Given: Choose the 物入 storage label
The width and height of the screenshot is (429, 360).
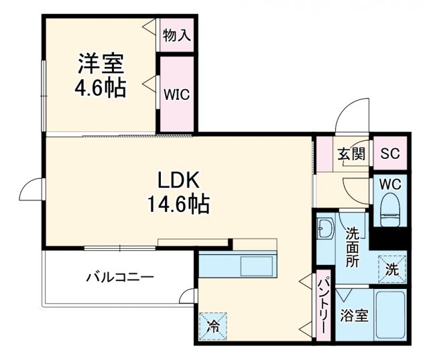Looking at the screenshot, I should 177,36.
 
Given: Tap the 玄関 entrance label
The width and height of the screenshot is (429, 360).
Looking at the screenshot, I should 351,154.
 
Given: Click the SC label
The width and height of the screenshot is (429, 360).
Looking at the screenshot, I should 389,154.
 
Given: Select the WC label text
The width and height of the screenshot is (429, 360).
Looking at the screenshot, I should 389,183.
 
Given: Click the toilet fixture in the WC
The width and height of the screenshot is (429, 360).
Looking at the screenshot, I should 389,208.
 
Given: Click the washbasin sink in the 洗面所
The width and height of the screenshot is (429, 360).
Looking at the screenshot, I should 326,229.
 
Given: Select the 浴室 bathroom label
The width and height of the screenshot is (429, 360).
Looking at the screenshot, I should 354,315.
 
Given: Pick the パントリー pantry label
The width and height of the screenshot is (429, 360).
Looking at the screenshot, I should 322,308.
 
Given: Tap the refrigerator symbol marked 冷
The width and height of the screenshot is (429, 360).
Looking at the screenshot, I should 213,327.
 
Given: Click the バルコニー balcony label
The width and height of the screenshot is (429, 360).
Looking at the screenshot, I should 121,277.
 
